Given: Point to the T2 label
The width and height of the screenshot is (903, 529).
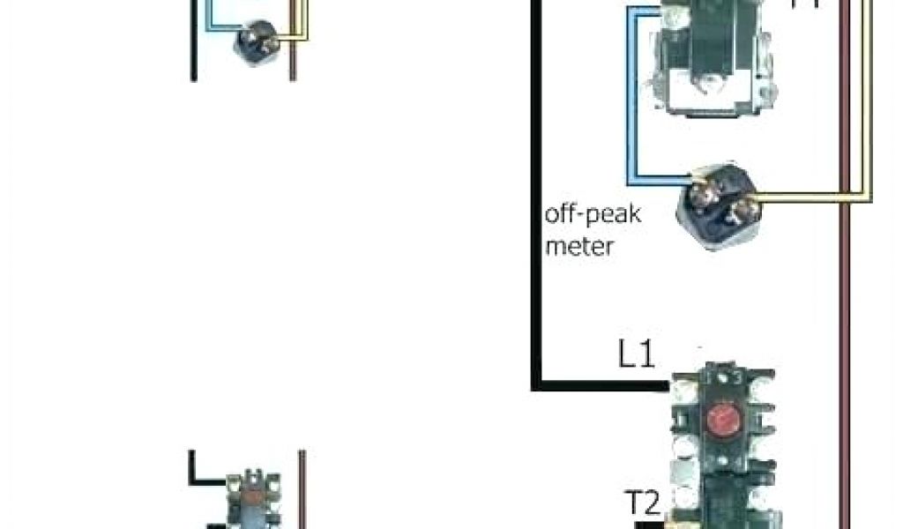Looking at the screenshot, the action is tap(644, 503).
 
